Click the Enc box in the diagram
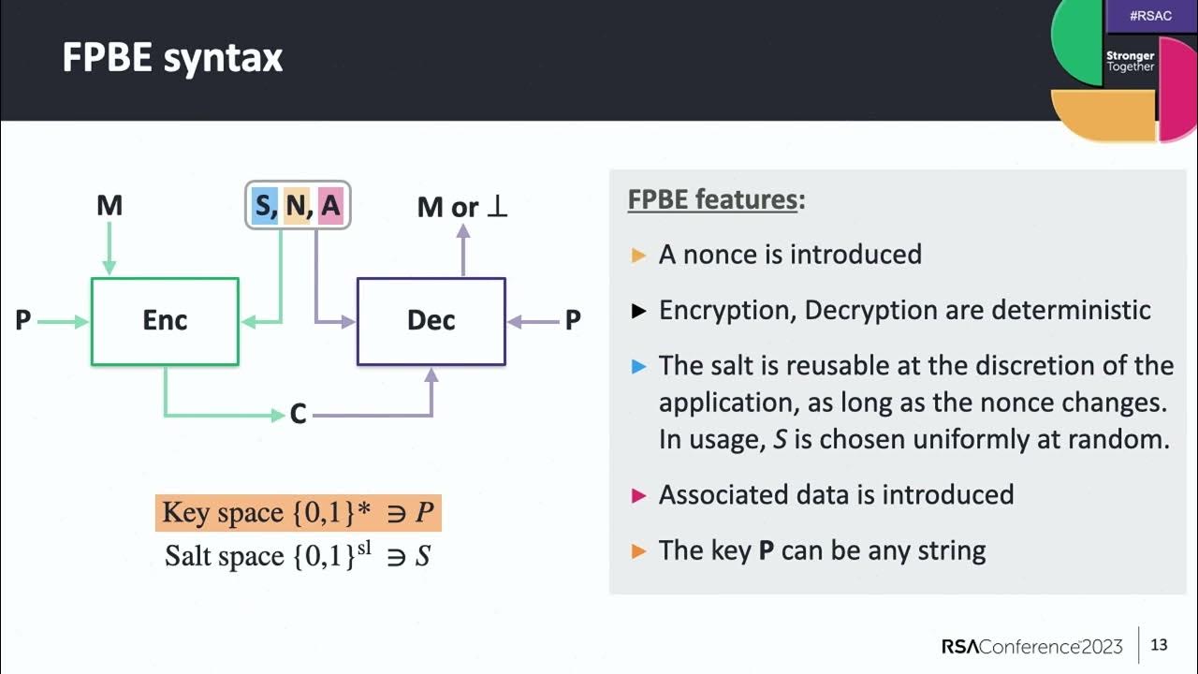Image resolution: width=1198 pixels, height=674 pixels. click(x=165, y=320)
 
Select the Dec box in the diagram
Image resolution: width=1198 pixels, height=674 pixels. click(x=431, y=320)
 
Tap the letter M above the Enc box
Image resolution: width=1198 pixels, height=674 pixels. click(x=110, y=205)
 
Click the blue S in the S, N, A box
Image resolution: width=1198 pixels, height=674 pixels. click(x=264, y=205)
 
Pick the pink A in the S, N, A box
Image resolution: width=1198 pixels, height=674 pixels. click(x=330, y=205)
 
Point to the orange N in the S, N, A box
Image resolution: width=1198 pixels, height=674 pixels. click(x=297, y=205)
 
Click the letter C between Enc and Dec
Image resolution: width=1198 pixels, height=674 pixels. click(x=298, y=414)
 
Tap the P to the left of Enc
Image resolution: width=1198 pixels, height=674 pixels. click(x=23, y=321)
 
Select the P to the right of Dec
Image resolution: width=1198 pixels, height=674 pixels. click(x=573, y=321)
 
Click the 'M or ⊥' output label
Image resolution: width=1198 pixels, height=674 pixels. click(x=462, y=207)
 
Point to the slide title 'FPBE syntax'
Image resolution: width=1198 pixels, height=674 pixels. click(x=172, y=58)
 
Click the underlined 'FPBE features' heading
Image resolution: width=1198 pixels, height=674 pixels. click(x=712, y=200)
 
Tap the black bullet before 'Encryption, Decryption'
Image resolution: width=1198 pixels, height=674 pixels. click(x=639, y=311)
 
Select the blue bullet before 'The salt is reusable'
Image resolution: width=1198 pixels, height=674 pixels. click(x=639, y=366)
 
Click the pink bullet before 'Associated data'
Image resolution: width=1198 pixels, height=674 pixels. click(x=639, y=495)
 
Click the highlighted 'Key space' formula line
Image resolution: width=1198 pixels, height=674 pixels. click(x=297, y=513)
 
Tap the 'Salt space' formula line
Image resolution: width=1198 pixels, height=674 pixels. click(x=297, y=556)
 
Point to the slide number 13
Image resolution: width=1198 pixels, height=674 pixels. click(x=1159, y=645)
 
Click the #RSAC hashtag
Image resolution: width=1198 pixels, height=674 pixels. click(x=1149, y=17)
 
